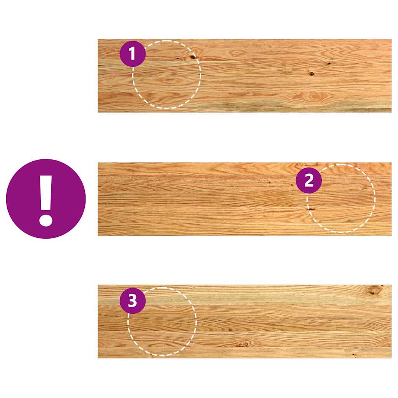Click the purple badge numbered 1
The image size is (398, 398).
point(133,54)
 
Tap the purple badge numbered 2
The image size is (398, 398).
point(309,181)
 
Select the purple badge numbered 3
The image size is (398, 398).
point(133,300)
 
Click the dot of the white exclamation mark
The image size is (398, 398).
point(46,220)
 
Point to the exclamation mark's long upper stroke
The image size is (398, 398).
point(46,192)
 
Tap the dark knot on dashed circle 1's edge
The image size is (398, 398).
point(193,57)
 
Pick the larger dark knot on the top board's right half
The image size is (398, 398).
point(311,73)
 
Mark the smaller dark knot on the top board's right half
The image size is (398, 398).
point(329,63)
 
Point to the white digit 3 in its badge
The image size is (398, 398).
point(133,300)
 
